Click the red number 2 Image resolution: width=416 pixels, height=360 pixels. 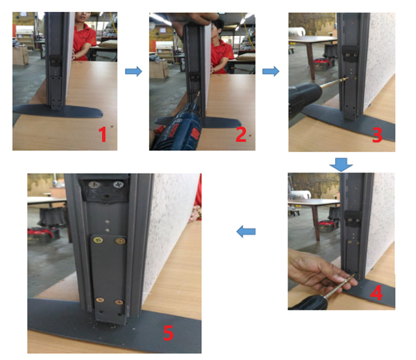[x=241, y=134]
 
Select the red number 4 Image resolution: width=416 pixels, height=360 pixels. [x=376, y=293]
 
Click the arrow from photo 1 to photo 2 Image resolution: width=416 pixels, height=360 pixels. [x=133, y=71]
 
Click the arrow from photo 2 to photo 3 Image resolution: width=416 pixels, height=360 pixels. [x=270, y=71]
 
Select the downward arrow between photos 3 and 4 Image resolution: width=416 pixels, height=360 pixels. [x=342, y=163]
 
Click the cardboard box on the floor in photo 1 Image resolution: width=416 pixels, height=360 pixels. [x=21, y=54]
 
